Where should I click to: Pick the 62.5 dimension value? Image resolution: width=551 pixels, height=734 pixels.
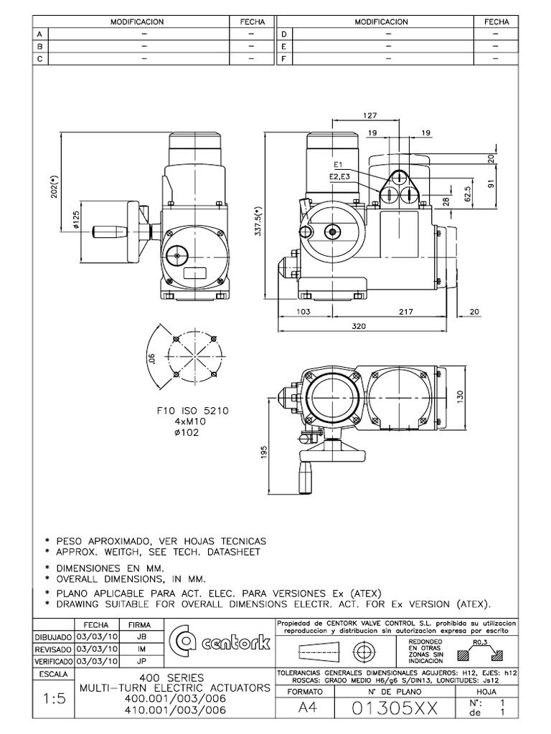pos(468,194)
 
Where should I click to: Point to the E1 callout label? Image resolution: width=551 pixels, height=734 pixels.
pos(339,164)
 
